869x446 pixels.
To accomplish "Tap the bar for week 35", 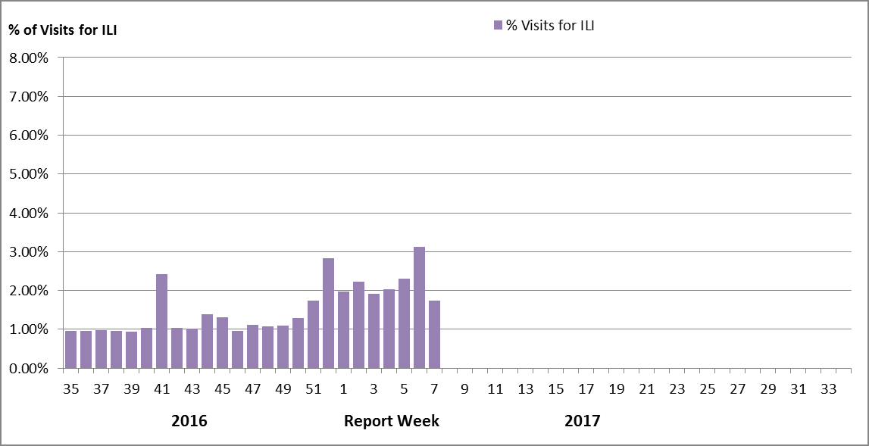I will point(70,349).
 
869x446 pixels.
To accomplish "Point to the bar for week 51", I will point(313,334).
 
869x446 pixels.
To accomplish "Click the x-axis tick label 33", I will point(828,389).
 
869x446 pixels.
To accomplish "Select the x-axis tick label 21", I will point(646,389).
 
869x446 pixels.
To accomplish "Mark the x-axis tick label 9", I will point(464,389).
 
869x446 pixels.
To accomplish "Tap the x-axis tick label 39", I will point(131,389).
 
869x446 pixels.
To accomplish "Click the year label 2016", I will point(189,421).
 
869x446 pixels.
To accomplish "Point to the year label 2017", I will point(582,421).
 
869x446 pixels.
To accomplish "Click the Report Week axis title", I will point(391,421).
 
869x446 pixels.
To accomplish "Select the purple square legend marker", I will point(498,25).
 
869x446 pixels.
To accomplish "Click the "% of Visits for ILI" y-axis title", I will point(62,30).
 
